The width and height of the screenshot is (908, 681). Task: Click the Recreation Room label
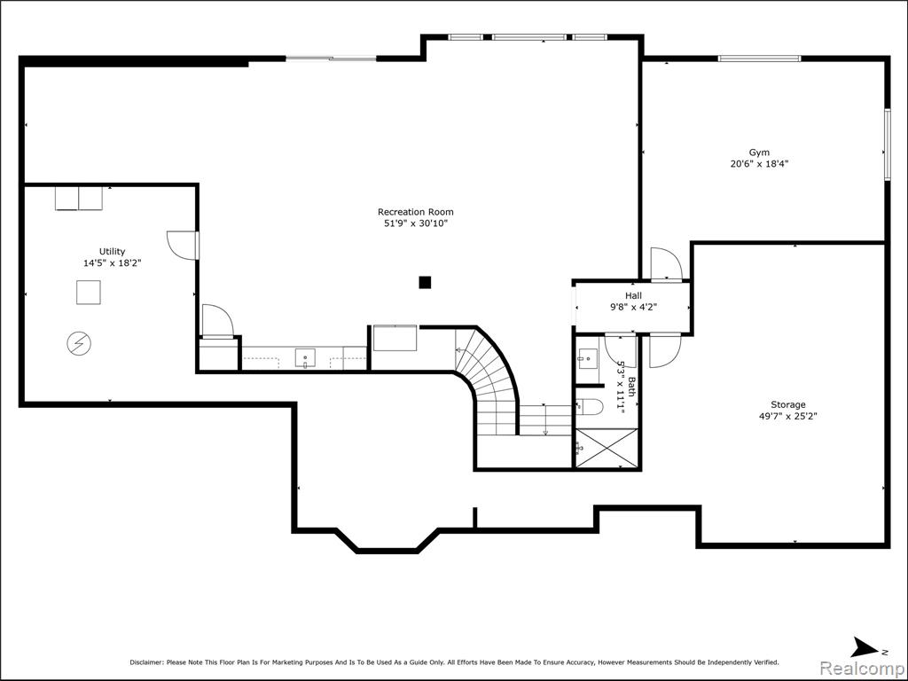pos(416,212)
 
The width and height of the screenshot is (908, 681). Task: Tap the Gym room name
pos(759,153)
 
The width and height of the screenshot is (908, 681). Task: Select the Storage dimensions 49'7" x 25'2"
pos(787,416)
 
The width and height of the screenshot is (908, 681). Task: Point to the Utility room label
pos(112,251)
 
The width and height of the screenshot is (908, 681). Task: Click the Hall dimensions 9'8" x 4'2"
pos(633,308)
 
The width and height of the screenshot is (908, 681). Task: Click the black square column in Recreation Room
pos(425,282)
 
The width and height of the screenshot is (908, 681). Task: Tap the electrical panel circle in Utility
pos(79,343)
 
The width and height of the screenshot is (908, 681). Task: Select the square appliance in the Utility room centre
pos(89,293)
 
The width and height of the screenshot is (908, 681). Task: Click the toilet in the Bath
pos(590,406)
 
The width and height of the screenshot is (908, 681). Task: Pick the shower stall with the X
pos(607,448)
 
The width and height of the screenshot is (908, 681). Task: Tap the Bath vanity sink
pos(587,359)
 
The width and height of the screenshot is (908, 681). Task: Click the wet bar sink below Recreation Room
pos(305,358)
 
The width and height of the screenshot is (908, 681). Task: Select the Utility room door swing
pos(183,246)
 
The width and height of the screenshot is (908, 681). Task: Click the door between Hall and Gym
pos(666,264)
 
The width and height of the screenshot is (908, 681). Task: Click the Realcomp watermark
pos(862,668)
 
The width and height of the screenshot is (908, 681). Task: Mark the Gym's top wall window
pos(759,59)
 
